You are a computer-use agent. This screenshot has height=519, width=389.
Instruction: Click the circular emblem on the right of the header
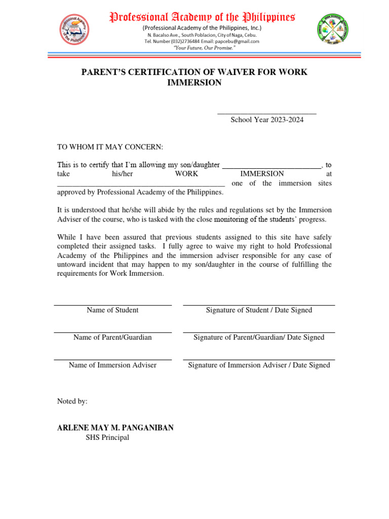pyautogui.click(x=333, y=30)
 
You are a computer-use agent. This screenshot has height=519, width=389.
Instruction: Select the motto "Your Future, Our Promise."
pyautogui.click(x=202, y=48)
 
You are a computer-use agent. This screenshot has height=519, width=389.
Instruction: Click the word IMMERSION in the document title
pyautogui.click(x=194, y=83)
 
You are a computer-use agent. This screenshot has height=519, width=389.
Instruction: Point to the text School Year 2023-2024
pyautogui.click(x=267, y=120)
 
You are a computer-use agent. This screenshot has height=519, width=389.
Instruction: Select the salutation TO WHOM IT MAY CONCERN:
pyautogui.click(x=110, y=147)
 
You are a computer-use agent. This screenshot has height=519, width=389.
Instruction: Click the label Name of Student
pyautogui.click(x=112, y=310)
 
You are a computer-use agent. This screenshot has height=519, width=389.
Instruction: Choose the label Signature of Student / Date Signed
pyautogui.click(x=259, y=310)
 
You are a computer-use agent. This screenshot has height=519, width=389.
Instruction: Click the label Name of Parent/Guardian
pyautogui.click(x=112, y=338)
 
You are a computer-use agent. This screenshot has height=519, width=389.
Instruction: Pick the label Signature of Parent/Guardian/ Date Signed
pyautogui.click(x=259, y=338)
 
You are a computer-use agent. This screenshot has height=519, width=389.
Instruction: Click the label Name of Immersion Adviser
pyautogui.click(x=112, y=365)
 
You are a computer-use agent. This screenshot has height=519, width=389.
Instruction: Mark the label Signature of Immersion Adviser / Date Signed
pyautogui.click(x=259, y=365)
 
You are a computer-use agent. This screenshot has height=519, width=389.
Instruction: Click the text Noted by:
pyautogui.click(x=72, y=401)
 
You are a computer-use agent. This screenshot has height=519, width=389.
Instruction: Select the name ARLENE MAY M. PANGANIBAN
pyautogui.click(x=115, y=428)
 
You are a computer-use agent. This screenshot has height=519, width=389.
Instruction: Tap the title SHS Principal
pyautogui.click(x=107, y=437)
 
